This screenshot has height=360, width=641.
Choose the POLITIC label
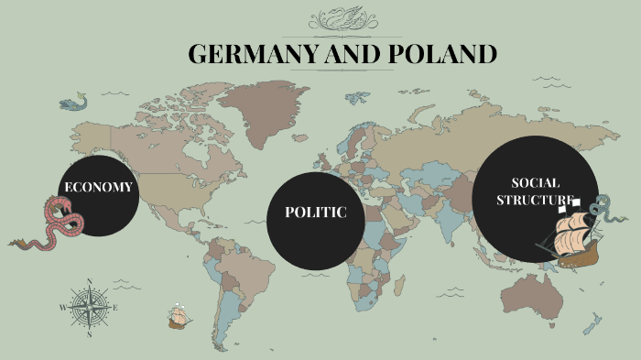click(316, 213)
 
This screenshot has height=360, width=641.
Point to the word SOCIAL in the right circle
click(536, 183)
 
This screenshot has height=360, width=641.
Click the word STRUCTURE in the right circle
click(536, 200)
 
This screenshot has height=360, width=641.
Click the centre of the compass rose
click(90, 307)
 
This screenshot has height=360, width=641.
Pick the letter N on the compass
click(90, 281)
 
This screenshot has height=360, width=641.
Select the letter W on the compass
click(63, 308)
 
